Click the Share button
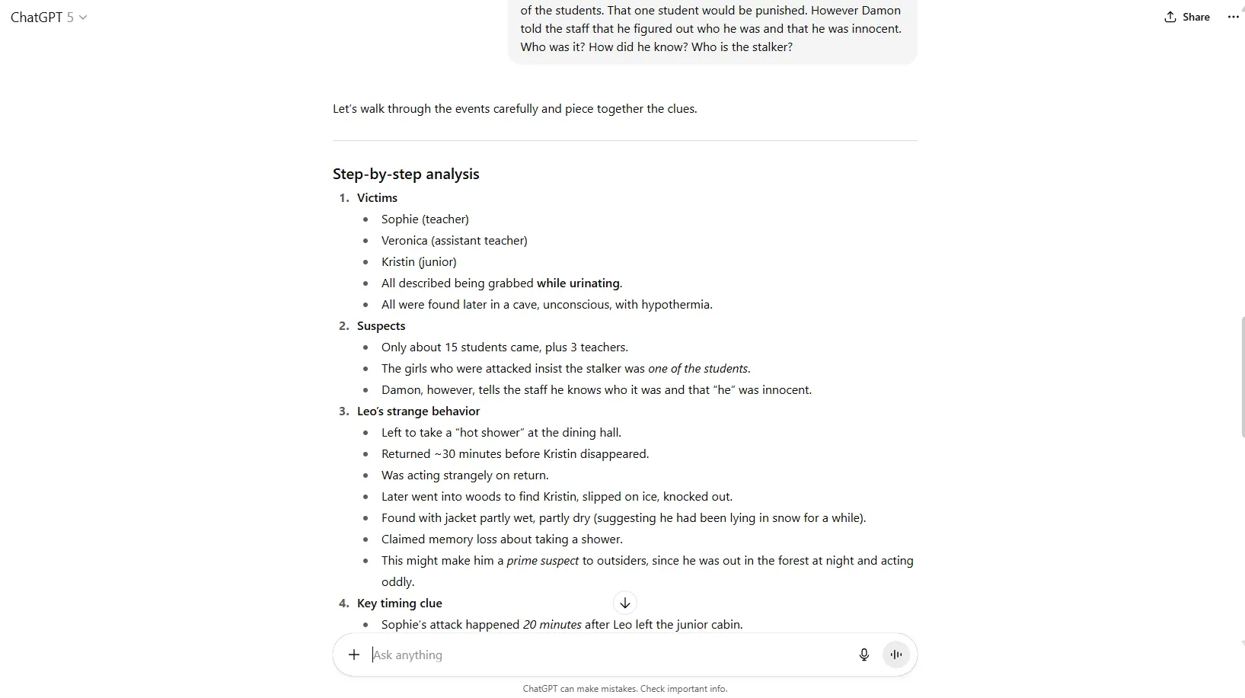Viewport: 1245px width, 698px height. [x=1186, y=17]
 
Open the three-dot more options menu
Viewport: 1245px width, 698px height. [x=1233, y=17]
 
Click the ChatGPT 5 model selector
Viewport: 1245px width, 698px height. [x=49, y=17]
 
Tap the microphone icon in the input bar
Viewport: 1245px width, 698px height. [x=864, y=655]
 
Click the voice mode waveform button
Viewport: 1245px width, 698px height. [x=896, y=655]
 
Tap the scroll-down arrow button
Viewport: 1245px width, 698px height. [x=624, y=603]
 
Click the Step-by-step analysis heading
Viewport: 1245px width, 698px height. [x=406, y=174]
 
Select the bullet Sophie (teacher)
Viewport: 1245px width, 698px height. [x=425, y=219]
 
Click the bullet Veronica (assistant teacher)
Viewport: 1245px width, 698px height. [x=454, y=240]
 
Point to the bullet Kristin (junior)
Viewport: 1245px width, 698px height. [x=419, y=261]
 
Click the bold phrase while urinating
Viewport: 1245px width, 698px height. [x=578, y=283]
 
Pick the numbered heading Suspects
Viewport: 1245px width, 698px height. [x=381, y=325]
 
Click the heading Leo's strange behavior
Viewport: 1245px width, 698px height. [x=418, y=411]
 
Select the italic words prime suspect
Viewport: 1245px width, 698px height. [x=542, y=560]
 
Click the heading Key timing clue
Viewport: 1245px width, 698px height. [x=399, y=603]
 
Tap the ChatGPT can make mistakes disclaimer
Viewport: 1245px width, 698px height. [x=624, y=688]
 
